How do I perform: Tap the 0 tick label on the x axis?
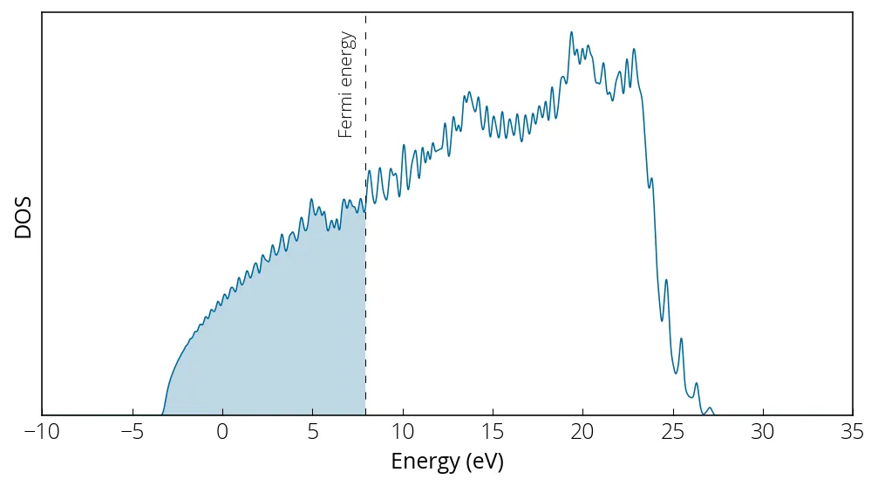(x=222, y=432)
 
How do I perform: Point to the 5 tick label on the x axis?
(x=313, y=432)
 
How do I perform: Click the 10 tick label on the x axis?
(x=403, y=432)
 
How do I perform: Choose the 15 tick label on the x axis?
(x=493, y=432)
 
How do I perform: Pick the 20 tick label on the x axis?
(x=583, y=432)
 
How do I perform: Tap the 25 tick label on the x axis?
(x=673, y=432)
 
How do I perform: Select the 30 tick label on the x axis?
(x=764, y=432)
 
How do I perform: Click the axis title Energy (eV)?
(x=447, y=461)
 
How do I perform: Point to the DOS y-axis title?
(x=24, y=216)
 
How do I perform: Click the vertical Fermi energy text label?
(x=346, y=85)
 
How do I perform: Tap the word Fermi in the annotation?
(x=346, y=118)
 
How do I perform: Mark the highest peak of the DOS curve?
(x=571, y=32)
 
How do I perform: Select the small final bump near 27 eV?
(x=710, y=408)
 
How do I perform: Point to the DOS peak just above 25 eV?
(x=681, y=339)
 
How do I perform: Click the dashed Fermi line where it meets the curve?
(x=365, y=209)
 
